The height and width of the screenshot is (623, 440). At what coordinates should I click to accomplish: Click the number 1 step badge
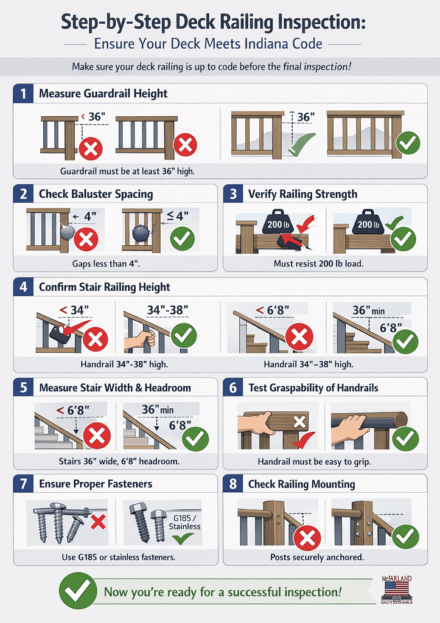(23, 94)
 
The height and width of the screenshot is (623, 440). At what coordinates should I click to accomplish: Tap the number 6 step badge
(233, 388)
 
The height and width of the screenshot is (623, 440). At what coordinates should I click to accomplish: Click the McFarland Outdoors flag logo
(396, 590)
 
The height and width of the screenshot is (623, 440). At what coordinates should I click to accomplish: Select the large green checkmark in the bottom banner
(78, 591)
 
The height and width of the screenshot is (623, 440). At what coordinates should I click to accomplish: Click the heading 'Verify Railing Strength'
(303, 194)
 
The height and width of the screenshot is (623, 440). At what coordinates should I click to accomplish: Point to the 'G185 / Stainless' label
(184, 522)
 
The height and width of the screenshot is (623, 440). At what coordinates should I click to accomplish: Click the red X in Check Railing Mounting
(307, 538)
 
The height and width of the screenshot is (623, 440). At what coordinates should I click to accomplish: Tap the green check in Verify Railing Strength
(403, 238)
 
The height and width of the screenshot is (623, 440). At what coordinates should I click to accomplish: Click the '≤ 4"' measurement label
(178, 216)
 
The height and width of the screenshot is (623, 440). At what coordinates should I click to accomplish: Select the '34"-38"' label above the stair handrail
(167, 310)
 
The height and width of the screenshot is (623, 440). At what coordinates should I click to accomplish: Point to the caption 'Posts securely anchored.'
(317, 557)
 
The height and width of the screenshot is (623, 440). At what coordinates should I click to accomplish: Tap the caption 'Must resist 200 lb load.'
(318, 263)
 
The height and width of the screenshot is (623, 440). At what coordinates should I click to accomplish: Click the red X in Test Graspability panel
(299, 422)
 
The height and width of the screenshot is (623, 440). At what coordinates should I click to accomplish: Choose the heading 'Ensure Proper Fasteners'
(96, 484)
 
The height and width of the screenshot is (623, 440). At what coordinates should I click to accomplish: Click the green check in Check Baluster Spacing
(182, 238)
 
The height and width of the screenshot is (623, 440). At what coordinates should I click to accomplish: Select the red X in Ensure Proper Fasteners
(98, 522)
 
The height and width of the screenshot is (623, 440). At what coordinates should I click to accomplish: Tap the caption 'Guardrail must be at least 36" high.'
(127, 171)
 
